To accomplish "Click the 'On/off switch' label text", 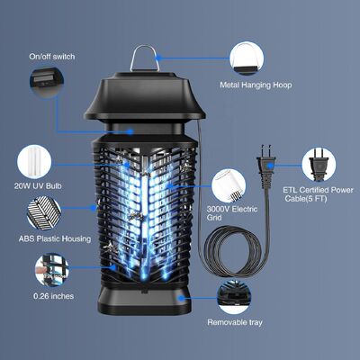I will point(53,57).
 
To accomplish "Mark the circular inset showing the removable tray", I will point(236,293).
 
